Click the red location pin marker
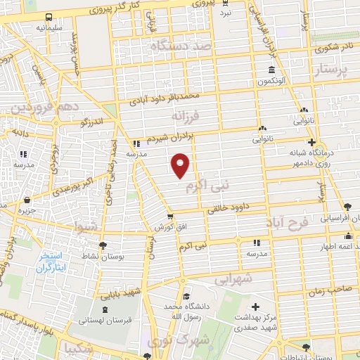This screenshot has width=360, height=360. click(181, 165)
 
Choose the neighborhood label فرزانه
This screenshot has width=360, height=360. click(187, 115)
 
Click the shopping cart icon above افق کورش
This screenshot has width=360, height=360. click(170, 217)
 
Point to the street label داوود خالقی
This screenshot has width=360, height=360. click(225, 208)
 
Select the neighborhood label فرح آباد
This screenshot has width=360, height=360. click(288, 223)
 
